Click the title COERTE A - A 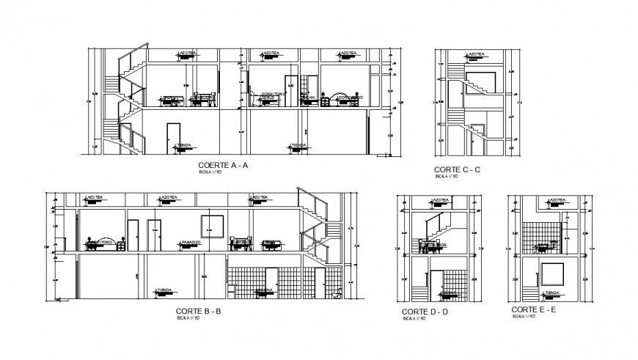pos(220,166)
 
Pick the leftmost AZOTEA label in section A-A pos(187,54)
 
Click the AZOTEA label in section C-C pos(460,54)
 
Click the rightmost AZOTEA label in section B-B pos(259,198)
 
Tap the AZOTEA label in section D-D pos(440,200)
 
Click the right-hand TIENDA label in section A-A pos(298,146)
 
